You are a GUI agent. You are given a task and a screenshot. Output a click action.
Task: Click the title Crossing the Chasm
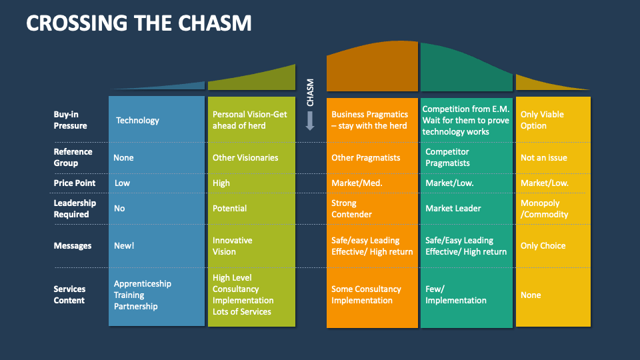(139, 23)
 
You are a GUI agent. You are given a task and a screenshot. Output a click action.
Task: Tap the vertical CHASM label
(310, 93)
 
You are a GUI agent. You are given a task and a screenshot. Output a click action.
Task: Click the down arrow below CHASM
(310, 121)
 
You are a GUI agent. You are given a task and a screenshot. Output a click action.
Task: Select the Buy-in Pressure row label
(70, 120)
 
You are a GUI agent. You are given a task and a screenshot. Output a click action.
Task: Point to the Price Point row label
(74, 183)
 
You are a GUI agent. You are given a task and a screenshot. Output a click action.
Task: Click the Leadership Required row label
(75, 209)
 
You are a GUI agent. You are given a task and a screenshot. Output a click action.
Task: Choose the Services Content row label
(69, 295)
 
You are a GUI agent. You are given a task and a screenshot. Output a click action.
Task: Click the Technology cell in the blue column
(137, 121)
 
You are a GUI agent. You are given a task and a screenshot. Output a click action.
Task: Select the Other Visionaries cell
(245, 158)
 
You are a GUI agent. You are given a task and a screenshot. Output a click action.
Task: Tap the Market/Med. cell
(357, 183)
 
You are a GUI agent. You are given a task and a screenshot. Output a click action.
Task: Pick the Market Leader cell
(453, 209)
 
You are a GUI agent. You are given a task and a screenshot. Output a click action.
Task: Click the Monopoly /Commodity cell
(544, 209)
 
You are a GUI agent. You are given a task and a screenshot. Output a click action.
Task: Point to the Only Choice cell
(543, 246)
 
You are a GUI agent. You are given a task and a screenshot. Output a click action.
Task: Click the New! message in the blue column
(124, 246)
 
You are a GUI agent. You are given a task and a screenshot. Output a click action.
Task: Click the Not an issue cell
(543, 158)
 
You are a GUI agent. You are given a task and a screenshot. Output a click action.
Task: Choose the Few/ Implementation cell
(455, 295)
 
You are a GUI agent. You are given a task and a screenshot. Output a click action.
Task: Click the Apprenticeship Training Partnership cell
(142, 295)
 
